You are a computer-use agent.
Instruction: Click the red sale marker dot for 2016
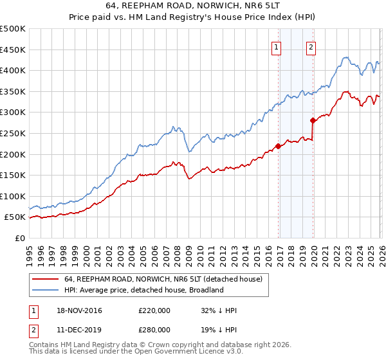pos(278,146)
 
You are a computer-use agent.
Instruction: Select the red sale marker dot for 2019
pos(313,120)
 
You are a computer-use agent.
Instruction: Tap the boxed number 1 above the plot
pos(276,47)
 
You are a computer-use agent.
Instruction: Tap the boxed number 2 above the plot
pos(311,47)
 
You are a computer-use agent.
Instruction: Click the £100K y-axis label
pos(13,196)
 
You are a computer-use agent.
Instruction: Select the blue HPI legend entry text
pos(143,291)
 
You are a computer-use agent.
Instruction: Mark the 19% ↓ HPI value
pos(219,329)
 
